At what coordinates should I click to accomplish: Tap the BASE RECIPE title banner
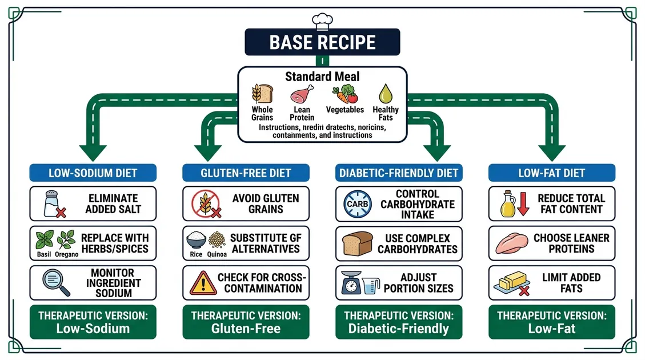[x=323, y=42]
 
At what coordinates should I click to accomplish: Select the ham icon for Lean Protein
[x=301, y=94]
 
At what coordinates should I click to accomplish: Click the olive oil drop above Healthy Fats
[x=385, y=94]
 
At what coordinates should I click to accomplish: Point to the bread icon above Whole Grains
[x=262, y=94]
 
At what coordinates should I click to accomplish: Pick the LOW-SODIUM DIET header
[x=93, y=173]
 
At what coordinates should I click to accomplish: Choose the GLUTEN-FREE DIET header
[x=246, y=173]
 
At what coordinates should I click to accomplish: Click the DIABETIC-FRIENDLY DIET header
[x=399, y=173]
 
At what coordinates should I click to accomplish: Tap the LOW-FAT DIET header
[x=552, y=173]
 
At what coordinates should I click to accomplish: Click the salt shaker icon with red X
[x=53, y=204]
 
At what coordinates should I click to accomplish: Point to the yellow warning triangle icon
[x=203, y=282]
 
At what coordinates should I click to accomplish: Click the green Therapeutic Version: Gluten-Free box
[x=246, y=322]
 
